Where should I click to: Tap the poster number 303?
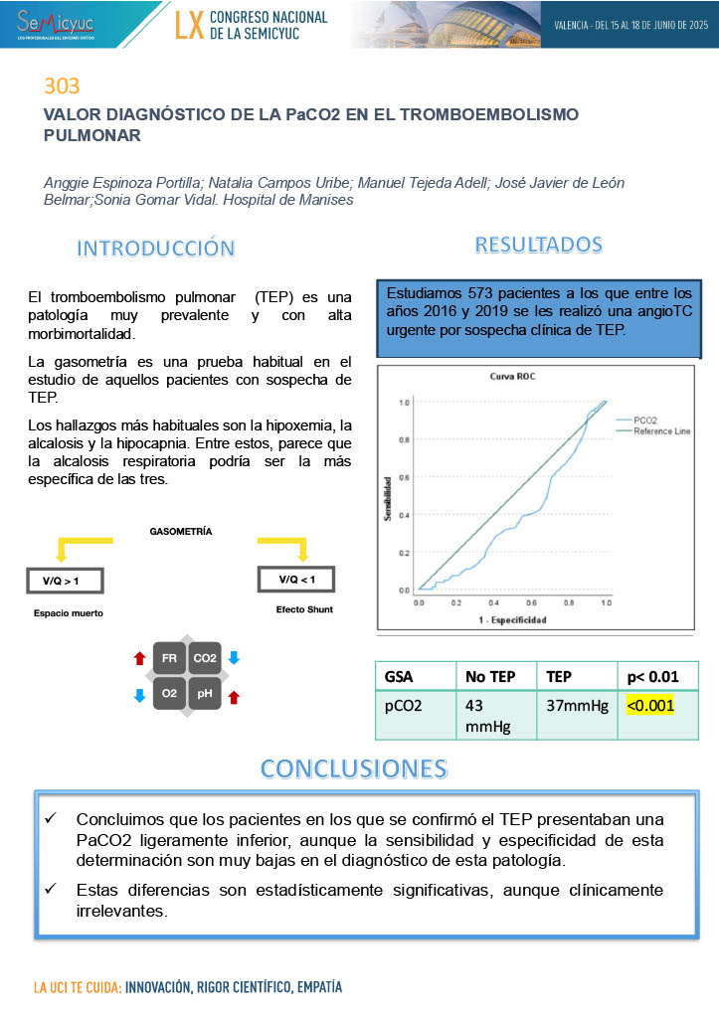61,85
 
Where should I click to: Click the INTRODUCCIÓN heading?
156,248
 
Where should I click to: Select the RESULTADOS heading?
538,244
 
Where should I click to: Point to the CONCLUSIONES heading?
353,767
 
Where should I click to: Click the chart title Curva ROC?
512,378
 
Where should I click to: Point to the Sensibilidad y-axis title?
388,497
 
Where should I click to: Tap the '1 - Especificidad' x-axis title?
510,619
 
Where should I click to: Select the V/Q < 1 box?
296,579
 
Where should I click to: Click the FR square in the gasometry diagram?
170,658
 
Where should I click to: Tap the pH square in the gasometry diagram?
205,694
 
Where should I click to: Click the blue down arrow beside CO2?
234,657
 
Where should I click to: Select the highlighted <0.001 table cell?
650,706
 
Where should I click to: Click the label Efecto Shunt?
303,609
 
